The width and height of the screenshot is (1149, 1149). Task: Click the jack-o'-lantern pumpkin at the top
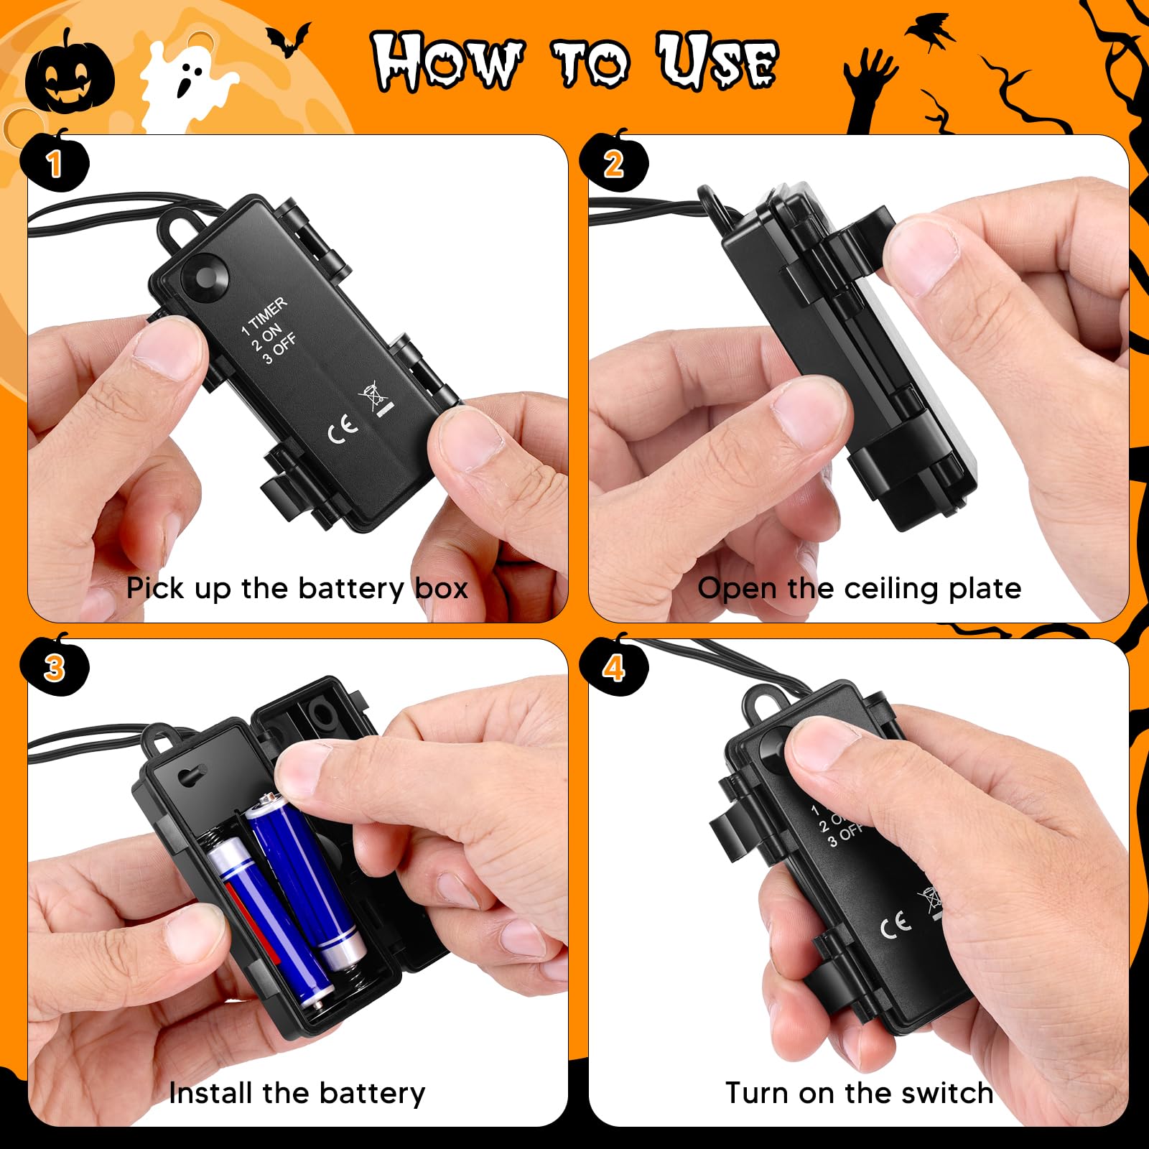[x=69, y=76]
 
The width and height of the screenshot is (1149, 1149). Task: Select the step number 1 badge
[x=55, y=164]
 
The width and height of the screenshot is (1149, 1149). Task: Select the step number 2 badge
[x=614, y=164]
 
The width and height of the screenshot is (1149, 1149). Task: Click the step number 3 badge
[x=55, y=668]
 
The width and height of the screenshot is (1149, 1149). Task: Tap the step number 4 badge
[x=614, y=668]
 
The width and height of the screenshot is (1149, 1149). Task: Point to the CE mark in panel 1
[x=343, y=428]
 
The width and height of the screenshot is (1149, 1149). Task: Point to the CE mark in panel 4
[x=896, y=925]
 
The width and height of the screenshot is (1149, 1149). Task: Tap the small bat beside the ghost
[x=289, y=39]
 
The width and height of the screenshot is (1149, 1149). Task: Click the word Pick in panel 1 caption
[x=156, y=589]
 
